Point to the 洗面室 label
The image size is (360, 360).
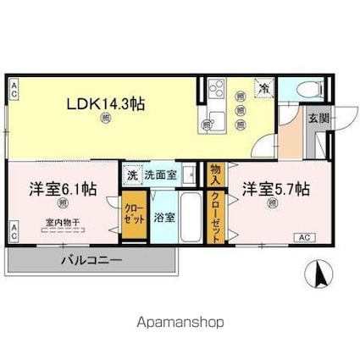tap(160, 175)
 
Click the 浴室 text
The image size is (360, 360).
tap(165, 217)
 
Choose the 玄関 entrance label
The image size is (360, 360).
tap(318, 118)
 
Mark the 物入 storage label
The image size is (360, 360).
tap(215, 174)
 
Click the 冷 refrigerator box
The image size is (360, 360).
tap(264, 88)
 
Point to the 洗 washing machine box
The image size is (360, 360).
tap(131, 175)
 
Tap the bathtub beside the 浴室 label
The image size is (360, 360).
tap(191, 217)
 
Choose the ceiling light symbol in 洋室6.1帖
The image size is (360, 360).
tap(62, 203)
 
